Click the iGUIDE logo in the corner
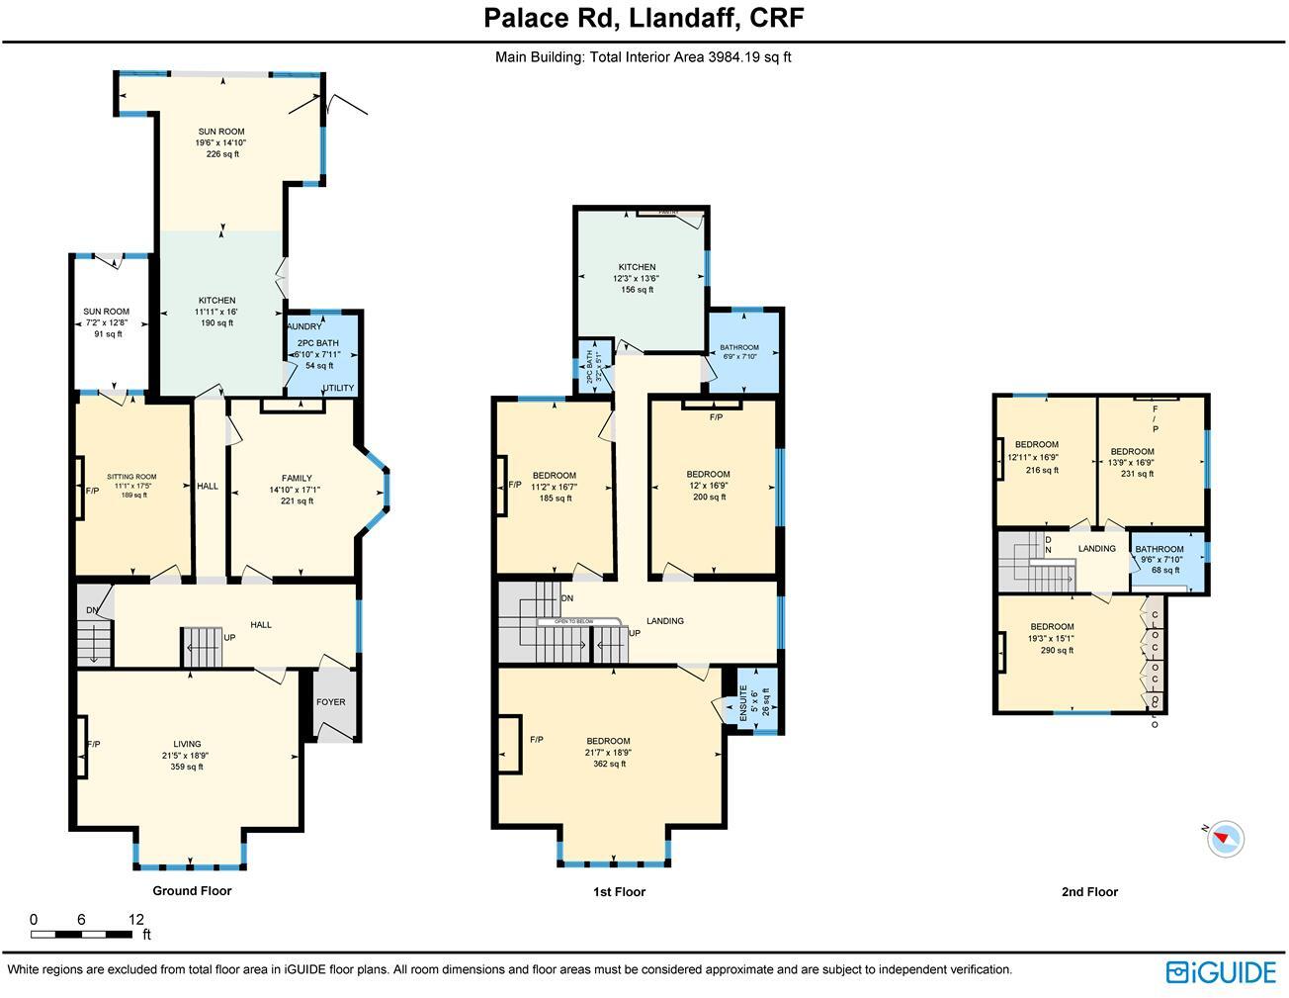tap(1221, 971)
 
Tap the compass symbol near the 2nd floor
tap(1226, 839)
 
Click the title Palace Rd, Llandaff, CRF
tap(644, 18)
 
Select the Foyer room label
tap(331, 702)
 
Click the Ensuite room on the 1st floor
tap(759, 701)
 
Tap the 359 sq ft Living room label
tap(187, 755)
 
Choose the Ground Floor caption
tap(192, 890)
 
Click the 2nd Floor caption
tap(1089, 891)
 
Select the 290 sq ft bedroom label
tap(1052, 638)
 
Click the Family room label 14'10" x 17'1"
tap(297, 489)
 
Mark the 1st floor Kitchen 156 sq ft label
tap(637, 278)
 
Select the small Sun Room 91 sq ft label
tap(106, 322)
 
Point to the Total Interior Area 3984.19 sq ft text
tap(643, 57)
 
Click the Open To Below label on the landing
tap(578, 621)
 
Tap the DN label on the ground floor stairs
tap(92, 610)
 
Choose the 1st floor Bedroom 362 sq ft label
tap(608, 752)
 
